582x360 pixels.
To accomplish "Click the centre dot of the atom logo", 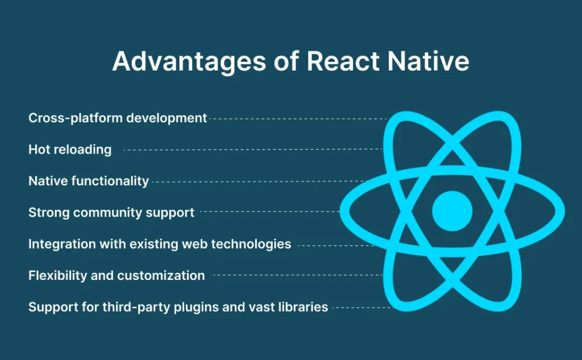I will [452, 211].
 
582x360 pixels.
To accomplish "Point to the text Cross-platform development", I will [118, 118].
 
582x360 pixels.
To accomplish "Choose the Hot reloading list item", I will [70, 150].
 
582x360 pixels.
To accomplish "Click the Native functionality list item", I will [89, 181].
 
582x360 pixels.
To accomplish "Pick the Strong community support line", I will [111, 213].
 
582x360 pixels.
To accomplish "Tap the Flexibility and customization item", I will [117, 276].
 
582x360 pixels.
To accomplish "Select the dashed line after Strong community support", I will [270, 212].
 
